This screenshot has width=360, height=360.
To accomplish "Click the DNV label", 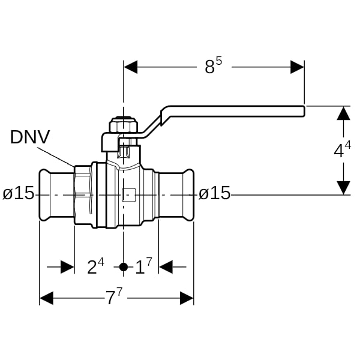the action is pos(30,137).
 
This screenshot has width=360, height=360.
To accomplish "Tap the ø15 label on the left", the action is pos(19,193).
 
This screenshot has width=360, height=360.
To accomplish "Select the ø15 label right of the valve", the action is pos(214,193).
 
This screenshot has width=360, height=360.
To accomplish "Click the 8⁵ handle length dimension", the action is pos(214,66).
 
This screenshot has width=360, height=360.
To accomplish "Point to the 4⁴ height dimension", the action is pos(343,150).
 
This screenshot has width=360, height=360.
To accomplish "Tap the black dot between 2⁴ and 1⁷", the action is pos(124,267).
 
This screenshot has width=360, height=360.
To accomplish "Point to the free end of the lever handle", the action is pos(304,111).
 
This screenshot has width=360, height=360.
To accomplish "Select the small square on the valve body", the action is pos(128,195).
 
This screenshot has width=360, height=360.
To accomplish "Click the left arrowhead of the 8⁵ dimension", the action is pos(131,67).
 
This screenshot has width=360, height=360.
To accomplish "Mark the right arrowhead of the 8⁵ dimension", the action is pos(298,67).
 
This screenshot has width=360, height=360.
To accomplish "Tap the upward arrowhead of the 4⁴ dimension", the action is pos(343,113).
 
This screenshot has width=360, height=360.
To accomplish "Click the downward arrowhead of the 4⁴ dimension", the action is pos(343,188).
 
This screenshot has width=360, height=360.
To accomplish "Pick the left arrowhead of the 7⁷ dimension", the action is pos(46,298).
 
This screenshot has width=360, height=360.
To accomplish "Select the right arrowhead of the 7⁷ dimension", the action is pos(187,298).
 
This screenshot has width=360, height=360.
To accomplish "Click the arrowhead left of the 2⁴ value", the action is pos(67,267).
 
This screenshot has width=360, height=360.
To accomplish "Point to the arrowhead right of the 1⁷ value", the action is pos(166,267).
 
